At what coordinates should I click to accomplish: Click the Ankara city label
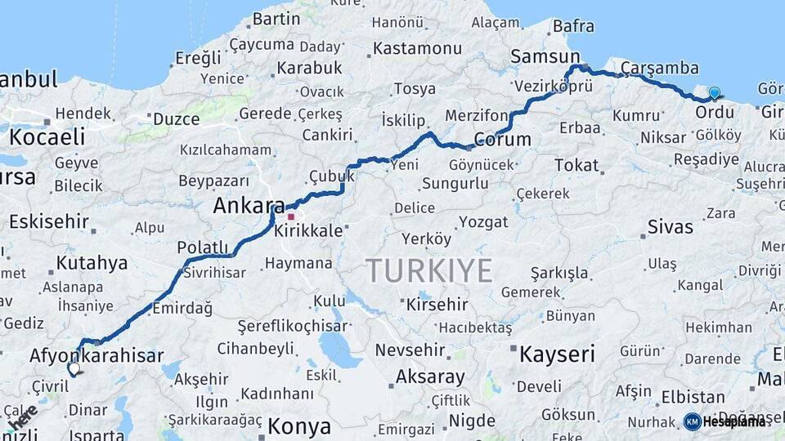249,207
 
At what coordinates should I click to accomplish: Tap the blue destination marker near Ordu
714,94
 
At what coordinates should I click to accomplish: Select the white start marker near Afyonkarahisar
74,369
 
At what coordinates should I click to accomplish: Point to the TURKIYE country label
428,270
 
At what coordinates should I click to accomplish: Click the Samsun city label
545,56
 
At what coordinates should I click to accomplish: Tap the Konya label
299,426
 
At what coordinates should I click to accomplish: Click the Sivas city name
670,226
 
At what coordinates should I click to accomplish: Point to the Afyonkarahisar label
96,355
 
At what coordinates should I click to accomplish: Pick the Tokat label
576,165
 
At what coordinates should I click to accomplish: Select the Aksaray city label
430,377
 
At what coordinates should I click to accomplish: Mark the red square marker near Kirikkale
290,217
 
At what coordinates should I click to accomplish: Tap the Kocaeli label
47,136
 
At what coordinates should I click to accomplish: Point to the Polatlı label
203,247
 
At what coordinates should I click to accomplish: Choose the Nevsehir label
410,350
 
